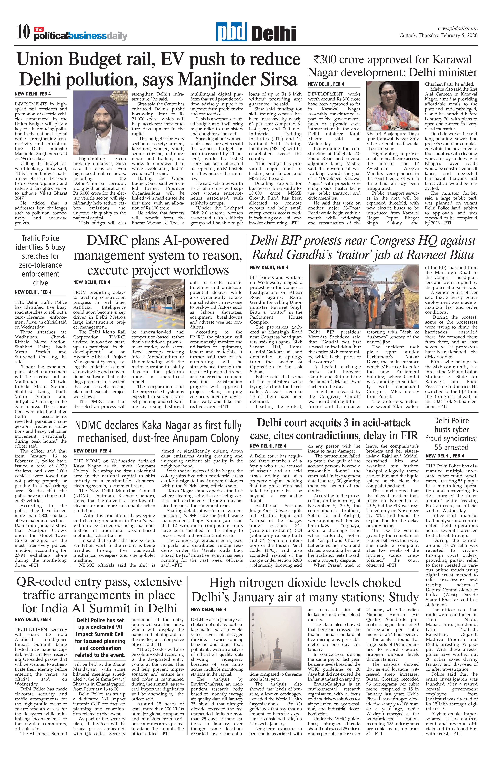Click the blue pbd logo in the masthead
(231, 32)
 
